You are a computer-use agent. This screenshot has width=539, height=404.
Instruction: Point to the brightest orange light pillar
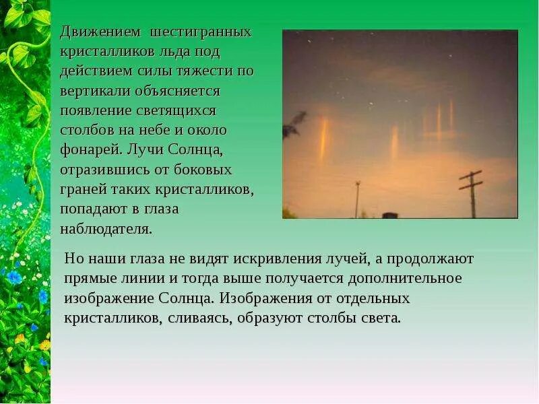323,138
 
